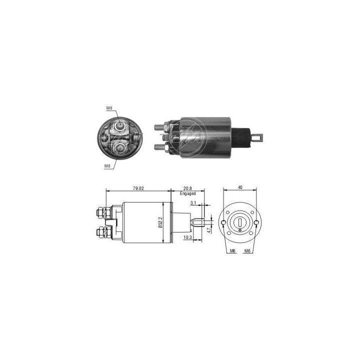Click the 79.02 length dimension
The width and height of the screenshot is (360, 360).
tap(138, 188)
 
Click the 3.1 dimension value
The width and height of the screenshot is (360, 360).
tap(193, 203)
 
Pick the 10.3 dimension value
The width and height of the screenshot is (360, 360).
tap(188, 237)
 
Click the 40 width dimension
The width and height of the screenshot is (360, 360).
tap(240, 187)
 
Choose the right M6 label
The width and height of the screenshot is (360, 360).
tap(247, 250)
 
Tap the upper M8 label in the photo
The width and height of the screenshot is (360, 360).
tap(108, 108)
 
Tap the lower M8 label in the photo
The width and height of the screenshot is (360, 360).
tap(106, 166)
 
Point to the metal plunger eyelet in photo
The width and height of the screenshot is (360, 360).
tap(259, 134)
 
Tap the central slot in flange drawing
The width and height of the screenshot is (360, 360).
tap(240, 221)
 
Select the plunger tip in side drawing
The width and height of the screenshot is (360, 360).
tap(198, 221)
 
